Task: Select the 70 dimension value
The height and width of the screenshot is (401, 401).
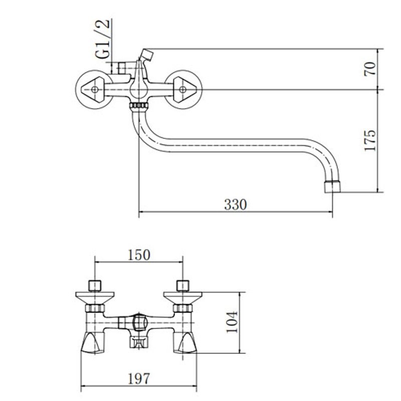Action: (x=370, y=69)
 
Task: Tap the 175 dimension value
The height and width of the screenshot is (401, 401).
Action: (x=370, y=140)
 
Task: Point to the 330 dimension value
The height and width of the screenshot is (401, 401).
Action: (x=236, y=205)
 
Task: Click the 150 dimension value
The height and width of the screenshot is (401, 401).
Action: (x=139, y=255)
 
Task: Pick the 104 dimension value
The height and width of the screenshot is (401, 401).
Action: (x=232, y=322)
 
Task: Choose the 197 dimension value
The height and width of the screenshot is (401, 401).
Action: (x=139, y=379)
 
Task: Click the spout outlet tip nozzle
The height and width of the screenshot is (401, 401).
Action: (x=332, y=186)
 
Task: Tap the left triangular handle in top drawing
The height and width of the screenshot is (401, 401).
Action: (x=93, y=90)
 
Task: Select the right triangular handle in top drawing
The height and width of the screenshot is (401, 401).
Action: (x=184, y=90)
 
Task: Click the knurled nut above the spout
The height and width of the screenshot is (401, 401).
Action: (x=139, y=106)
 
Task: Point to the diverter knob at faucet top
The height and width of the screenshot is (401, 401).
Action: (x=147, y=55)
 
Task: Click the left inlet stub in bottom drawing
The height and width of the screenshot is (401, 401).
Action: (x=95, y=286)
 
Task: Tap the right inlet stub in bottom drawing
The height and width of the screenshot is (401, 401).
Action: (x=183, y=286)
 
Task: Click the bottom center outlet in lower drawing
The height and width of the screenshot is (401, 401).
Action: (x=139, y=342)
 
